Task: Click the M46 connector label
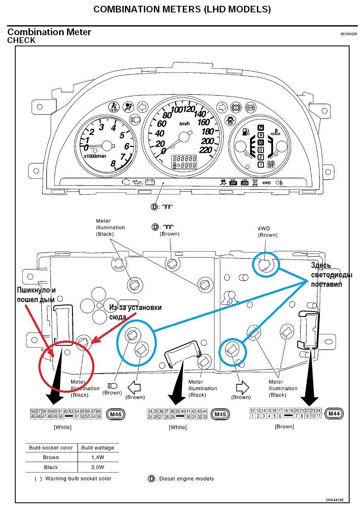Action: click(115, 413)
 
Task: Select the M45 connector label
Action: click(220, 413)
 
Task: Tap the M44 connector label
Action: click(333, 413)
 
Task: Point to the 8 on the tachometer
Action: click(113, 163)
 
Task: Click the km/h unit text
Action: click(185, 124)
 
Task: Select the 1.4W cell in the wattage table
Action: click(98, 457)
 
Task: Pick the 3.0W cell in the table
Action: click(98, 467)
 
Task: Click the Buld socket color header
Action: click(51, 448)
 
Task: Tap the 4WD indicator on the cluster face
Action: click(266, 182)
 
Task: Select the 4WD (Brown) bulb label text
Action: click(267, 231)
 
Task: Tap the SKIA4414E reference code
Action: click(334, 499)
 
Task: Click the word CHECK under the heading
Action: click(22, 41)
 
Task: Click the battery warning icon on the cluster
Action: click(149, 182)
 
